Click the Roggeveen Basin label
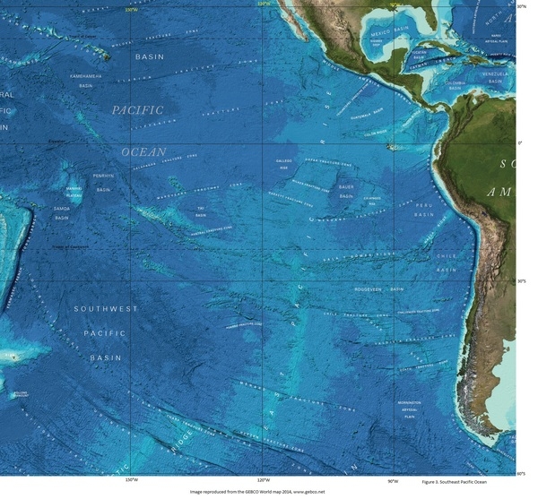(x=379, y=289)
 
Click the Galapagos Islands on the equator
(x=389, y=145)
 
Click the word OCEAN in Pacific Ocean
(x=143, y=152)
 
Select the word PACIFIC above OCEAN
(x=138, y=109)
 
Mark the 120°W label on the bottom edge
(x=263, y=480)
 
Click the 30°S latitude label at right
(x=521, y=280)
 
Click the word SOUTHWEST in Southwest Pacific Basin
(x=106, y=308)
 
